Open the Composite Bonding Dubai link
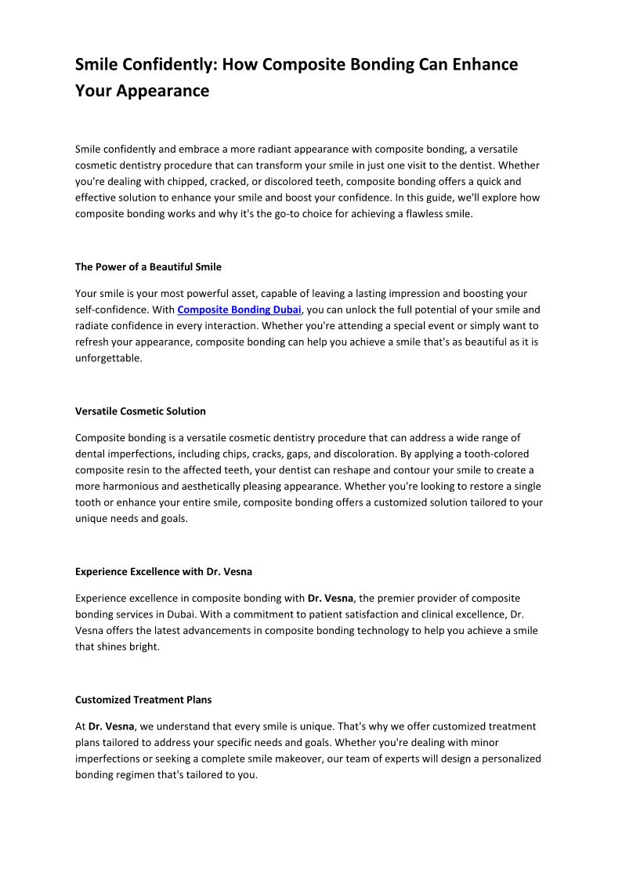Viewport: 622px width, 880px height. click(x=239, y=310)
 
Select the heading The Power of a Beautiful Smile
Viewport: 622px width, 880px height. click(x=148, y=267)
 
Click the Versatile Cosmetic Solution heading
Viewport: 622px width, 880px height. click(x=140, y=411)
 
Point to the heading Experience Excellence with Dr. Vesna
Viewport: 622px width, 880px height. click(x=163, y=571)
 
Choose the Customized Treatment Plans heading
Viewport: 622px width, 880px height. click(x=143, y=700)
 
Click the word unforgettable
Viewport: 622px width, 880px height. click(x=109, y=358)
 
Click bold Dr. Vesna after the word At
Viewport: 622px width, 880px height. click(x=110, y=726)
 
